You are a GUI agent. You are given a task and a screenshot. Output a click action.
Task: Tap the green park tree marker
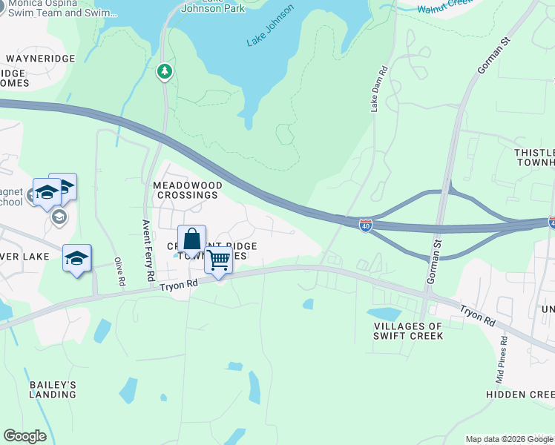click(165, 72)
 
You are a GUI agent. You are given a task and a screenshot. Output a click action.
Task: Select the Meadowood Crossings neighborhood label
click(185, 189)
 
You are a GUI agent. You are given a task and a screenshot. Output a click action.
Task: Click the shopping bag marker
click(191, 240)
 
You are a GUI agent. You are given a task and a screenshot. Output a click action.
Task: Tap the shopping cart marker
click(218, 261)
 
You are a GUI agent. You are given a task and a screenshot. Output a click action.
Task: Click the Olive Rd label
click(119, 272)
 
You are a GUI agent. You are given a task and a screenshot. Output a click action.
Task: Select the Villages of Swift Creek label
click(409, 331)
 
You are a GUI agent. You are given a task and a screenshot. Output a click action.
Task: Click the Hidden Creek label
click(520, 395)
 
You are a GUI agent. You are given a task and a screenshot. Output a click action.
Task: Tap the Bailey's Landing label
click(53, 389)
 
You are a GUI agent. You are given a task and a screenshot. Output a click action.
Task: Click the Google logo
click(25, 436)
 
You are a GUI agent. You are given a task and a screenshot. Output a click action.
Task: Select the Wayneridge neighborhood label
click(42, 58)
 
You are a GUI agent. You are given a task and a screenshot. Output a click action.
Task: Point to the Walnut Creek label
click(445, 7)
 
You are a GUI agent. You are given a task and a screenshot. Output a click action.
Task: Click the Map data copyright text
click(509, 439)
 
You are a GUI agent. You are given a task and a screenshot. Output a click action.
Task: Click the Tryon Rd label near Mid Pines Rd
click(476, 315)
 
